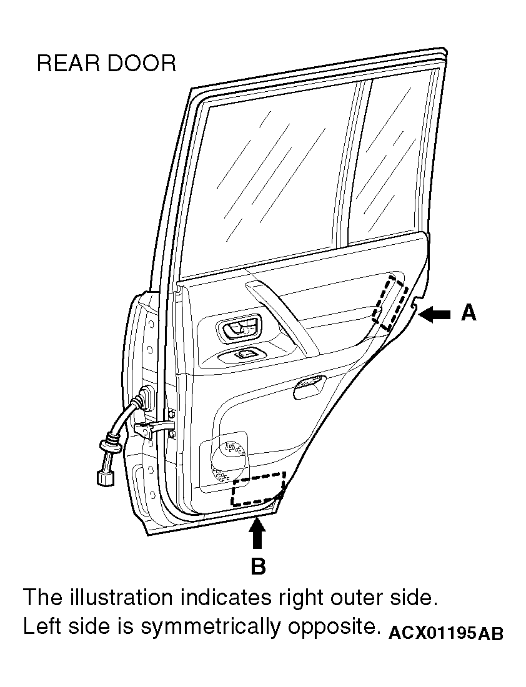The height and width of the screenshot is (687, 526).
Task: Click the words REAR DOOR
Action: (x=107, y=64)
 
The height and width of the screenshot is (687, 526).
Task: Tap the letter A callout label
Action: (x=469, y=314)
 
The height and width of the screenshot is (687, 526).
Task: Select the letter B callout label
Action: (x=258, y=566)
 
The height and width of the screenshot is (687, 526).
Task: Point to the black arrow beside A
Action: (x=434, y=314)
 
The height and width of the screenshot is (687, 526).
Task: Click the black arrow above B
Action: (x=257, y=532)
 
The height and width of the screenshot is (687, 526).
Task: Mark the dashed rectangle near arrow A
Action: (x=390, y=303)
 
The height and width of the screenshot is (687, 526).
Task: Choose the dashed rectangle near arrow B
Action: (x=259, y=490)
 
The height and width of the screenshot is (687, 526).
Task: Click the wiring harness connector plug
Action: (x=105, y=477)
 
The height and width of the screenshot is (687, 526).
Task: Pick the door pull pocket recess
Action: (x=309, y=387)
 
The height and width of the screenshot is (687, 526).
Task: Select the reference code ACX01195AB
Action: (x=446, y=633)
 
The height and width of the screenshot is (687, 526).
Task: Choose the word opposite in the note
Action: (x=333, y=628)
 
